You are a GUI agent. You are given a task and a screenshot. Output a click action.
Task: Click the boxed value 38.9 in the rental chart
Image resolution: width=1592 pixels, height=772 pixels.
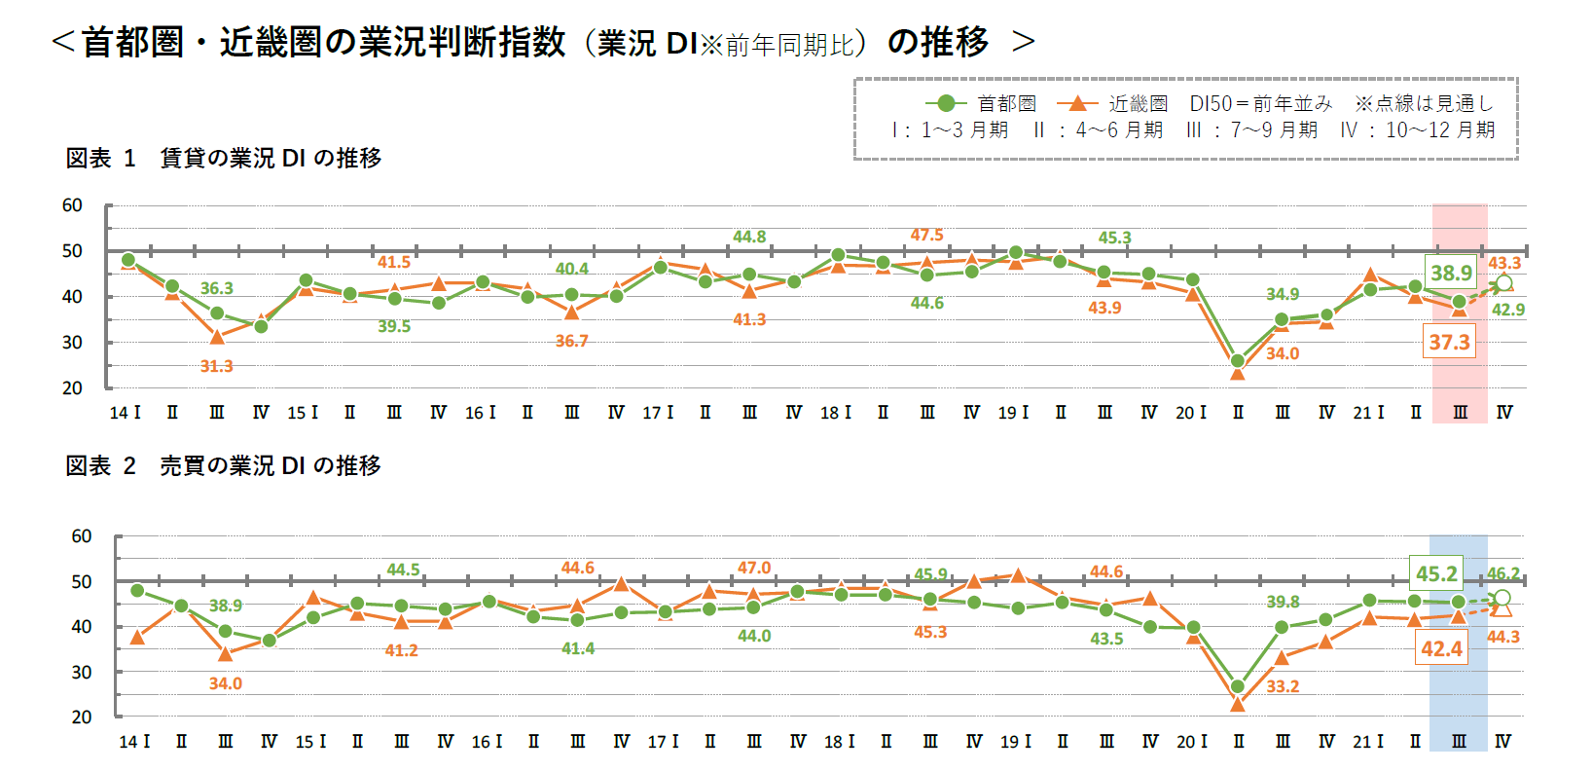1451,274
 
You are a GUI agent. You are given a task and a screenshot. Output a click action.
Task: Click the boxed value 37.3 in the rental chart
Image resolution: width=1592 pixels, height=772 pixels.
1449,342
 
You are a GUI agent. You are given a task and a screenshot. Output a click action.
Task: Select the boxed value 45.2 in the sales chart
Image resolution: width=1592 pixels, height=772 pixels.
1436,573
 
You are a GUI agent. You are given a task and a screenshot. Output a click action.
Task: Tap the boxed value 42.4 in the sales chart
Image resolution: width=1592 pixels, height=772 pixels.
1441,648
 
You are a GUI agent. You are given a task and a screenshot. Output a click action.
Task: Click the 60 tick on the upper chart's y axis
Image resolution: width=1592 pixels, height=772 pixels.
72,205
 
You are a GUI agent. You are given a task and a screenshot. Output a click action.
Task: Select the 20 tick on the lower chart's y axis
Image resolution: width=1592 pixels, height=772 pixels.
82,717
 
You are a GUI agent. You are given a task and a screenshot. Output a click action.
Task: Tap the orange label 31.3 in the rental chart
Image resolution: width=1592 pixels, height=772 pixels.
217,366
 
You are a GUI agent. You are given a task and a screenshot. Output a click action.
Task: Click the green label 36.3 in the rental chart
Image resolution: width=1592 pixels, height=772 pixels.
217,288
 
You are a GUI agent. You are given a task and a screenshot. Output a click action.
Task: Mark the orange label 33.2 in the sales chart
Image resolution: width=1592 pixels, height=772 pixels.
1283,686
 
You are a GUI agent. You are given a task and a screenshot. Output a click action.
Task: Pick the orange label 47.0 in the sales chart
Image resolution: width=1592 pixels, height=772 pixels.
753,568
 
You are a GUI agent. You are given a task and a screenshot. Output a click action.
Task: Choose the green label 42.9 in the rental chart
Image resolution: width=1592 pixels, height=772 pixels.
1508,310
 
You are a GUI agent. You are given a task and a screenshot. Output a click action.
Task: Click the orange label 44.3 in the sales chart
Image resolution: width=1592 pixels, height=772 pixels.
1503,637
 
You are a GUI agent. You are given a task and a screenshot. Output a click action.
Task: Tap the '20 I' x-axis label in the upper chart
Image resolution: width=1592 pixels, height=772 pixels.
1191,413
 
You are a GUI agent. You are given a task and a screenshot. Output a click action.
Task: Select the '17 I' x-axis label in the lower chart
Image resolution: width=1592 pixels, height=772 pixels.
664,742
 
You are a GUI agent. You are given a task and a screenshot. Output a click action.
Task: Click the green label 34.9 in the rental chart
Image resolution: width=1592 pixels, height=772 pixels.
1283,294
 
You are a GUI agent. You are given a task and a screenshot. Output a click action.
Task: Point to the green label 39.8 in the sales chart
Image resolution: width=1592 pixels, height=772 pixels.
1284,603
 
